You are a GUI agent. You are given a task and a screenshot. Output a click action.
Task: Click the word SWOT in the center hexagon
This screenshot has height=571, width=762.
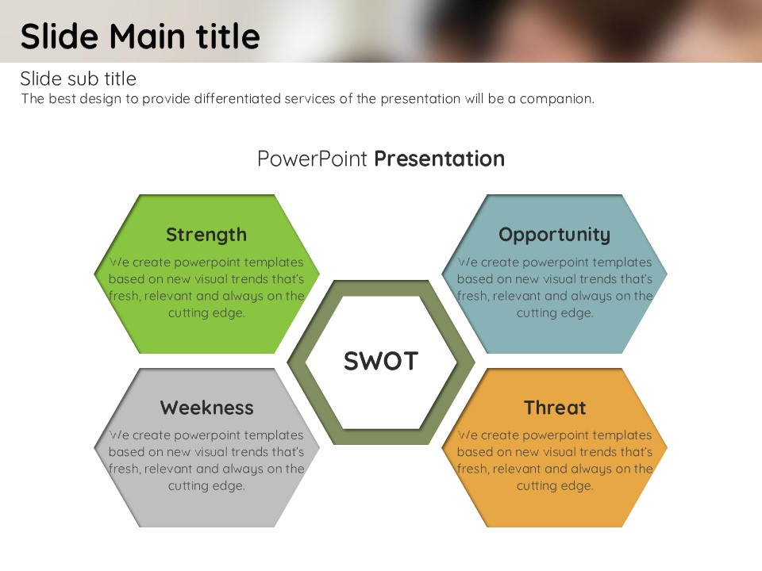[x=381, y=362]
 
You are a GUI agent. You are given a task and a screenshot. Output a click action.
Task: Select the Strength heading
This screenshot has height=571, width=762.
[x=206, y=235]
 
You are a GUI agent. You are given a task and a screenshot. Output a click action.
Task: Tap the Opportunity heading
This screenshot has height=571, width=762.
[x=555, y=235]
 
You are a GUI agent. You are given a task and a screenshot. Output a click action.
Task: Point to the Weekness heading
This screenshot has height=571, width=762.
[x=207, y=408]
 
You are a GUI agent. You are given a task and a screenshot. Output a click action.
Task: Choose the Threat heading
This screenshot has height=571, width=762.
[x=555, y=408]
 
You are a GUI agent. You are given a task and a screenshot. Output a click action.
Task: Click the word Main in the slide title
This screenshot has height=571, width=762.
[x=148, y=37]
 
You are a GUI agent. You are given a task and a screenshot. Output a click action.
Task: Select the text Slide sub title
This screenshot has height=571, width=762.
[x=79, y=79]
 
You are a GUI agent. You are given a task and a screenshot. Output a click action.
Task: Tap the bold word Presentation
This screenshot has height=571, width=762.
[x=440, y=159]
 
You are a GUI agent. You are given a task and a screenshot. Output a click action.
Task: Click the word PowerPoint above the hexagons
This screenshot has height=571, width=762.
[x=312, y=159]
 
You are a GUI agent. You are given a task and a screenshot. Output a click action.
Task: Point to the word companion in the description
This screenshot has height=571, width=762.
[x=557, y=99]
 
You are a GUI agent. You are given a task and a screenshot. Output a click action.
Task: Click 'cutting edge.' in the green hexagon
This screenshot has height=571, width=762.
[x=206, y=313]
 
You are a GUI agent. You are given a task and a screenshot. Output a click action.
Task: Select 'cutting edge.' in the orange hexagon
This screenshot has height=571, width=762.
[x=555, y=486]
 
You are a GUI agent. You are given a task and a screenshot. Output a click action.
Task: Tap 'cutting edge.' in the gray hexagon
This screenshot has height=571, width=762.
[x=206, y=486]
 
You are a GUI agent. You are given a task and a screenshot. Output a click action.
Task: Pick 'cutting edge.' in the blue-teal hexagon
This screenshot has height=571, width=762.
[x=555, y=313]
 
